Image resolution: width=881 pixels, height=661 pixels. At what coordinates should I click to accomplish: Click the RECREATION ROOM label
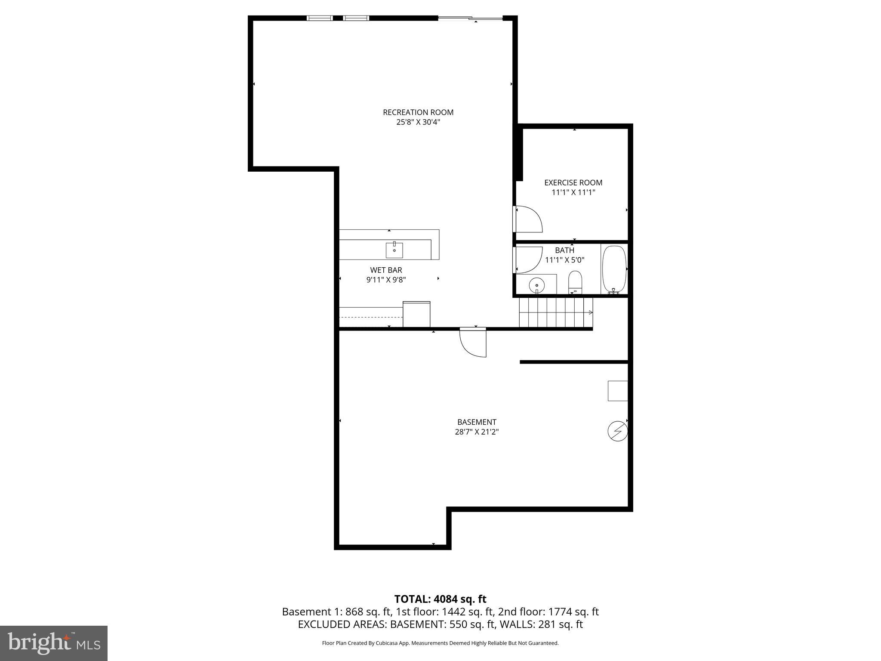tap(418, 112)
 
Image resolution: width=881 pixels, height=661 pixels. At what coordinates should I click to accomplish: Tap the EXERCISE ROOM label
tap(573, 182)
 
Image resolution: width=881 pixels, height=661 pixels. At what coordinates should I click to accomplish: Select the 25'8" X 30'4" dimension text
tap(418, 122)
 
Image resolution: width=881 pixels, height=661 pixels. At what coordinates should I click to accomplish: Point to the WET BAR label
tap(386, 270)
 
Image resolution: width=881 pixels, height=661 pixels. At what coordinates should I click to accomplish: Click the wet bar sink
tap(394, 250)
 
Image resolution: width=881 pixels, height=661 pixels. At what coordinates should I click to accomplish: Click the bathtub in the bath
tap(614, 269)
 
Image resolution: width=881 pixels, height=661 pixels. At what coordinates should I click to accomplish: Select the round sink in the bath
tap(536, 284)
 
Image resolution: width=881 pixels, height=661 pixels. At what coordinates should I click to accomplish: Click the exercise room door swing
tap(528, 219)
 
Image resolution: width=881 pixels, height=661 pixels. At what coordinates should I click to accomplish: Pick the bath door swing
tap(528, 259)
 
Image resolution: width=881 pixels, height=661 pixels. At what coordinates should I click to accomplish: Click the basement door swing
tap(473, 343)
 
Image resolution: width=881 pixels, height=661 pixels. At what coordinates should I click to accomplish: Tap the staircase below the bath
tap(556, 313)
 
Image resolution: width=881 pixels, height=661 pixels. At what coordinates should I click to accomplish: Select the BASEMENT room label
tap(477, 422)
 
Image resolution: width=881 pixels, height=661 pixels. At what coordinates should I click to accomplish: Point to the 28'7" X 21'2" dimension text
tap(477, 432)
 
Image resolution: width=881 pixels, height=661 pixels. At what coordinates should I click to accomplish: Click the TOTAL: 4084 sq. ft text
tap(440, 599)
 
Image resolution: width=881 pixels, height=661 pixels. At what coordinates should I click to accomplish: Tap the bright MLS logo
tap(54, 643)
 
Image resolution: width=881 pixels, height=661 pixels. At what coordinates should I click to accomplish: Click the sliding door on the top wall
tap(470, 18)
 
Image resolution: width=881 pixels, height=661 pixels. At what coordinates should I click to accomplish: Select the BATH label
tap(564, 250)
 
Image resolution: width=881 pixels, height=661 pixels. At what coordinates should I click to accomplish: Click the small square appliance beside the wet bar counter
tap(416, 314)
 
